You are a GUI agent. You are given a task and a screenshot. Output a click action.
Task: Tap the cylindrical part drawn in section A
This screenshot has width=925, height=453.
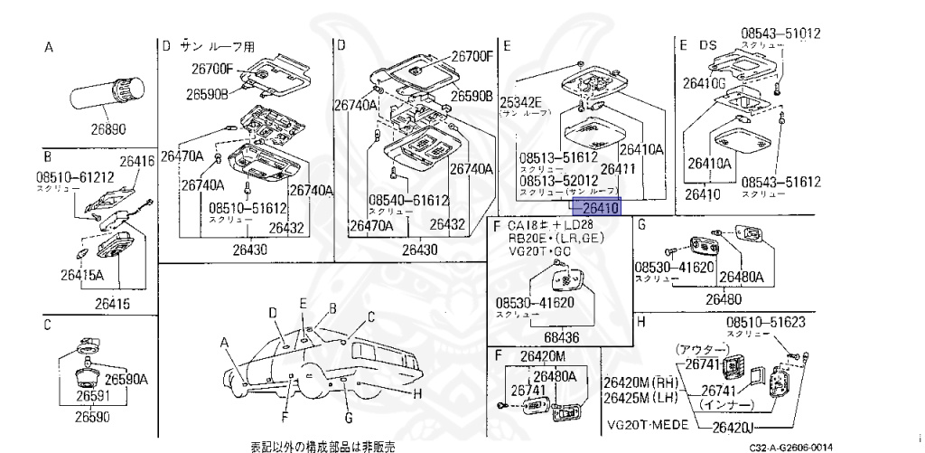pyautogui.click(x=105, y=93)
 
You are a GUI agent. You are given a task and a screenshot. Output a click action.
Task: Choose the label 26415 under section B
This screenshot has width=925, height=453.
pyautogui.click(x=100, y=305)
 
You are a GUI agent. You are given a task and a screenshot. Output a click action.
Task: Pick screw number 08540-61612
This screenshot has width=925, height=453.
pyautogui.click(x=408, y=200)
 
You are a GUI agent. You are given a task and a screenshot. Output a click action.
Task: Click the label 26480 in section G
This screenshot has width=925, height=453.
pyautogui.click(x=724, y=298)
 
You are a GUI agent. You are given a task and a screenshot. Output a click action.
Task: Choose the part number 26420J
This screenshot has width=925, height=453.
pyautogui.click(x=734, y=427)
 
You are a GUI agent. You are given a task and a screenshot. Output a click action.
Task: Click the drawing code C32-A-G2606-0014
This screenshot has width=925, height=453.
pyautogui.click(x=790, y=447)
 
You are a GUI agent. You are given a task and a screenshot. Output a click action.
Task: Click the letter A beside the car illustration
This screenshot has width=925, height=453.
pyautogui.click(x=224, y=343)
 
